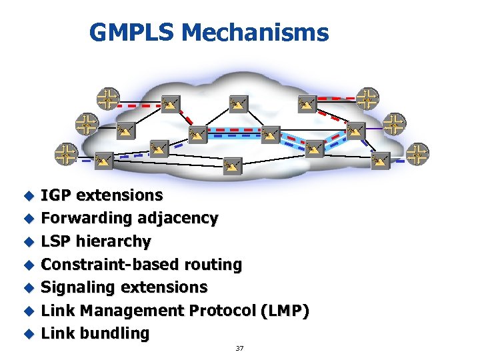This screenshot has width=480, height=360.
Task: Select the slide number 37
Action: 239,349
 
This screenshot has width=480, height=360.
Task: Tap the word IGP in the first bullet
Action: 57,195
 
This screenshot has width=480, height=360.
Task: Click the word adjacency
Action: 178,218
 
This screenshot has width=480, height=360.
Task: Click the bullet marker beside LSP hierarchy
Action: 28,241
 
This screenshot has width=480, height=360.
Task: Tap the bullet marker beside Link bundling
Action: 28,333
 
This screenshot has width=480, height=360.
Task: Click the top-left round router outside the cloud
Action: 108,98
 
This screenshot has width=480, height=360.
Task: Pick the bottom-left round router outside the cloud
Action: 65,154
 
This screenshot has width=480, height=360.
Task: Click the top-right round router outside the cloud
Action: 367,98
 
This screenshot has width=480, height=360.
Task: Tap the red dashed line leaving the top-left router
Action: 140,105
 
